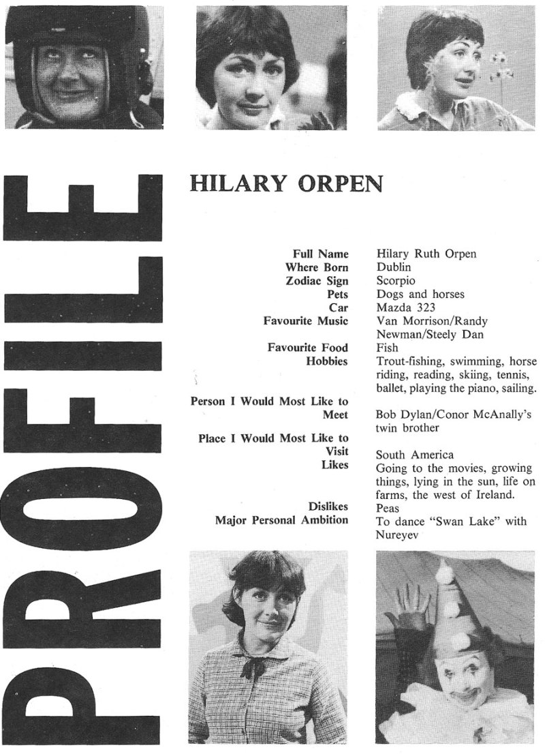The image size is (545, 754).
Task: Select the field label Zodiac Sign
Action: tap(316, 281)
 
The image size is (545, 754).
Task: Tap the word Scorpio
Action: tap(396, 281)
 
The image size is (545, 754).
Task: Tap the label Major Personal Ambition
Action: tap(281, 521)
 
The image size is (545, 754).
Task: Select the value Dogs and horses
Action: tap(420, 295)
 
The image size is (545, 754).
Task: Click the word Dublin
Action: tap(394, 268)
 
